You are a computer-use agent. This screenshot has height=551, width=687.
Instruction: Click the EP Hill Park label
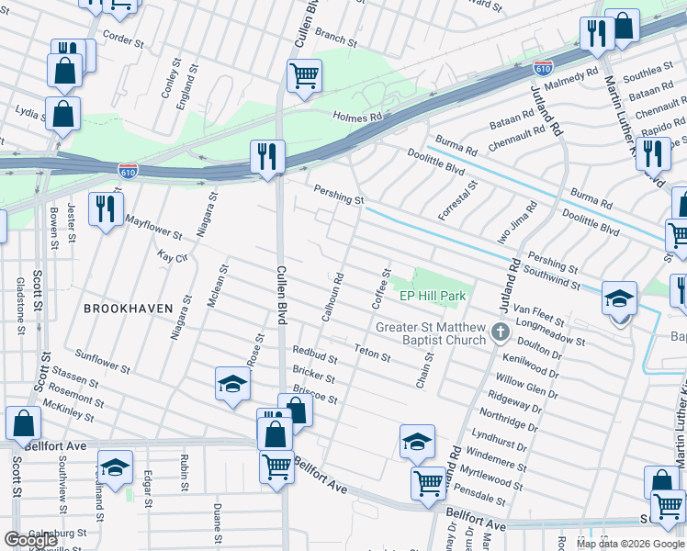[433, 296]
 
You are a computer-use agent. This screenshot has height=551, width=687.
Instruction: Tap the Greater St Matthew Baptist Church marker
[501, 332]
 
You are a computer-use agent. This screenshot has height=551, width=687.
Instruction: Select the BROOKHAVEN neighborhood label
[128, 309]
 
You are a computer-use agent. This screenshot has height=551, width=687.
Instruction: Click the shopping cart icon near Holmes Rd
[304, 76]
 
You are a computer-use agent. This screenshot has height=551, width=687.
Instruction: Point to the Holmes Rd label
[357, 118]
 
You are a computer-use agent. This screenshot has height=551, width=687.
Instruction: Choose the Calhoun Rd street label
[332, 296]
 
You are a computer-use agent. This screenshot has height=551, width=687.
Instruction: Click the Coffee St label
[379, 287]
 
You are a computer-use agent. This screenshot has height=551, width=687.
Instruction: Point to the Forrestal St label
[458, 200]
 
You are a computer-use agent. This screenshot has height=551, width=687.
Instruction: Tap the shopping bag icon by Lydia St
[62, 115]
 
